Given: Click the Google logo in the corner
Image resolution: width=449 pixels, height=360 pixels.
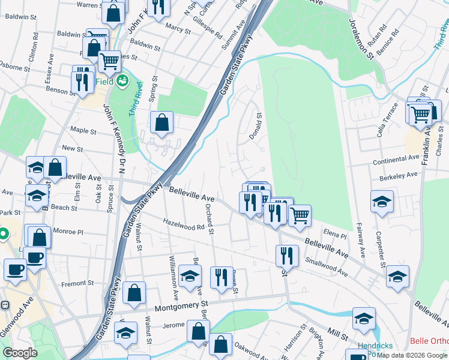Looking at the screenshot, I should pyautogui.click(x=20, y=353).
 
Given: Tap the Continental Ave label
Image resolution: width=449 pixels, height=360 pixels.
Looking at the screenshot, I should pyautogui.click(x=396, y=159).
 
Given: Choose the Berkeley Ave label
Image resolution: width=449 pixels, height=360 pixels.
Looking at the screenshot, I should pyautogui.click(x=395, y=176).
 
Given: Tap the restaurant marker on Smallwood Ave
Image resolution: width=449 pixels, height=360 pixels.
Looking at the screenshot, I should pyautogui.click(x=287, y=256).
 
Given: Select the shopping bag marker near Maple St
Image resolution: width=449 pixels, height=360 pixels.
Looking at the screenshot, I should pyautogui.click(x=161, y=122).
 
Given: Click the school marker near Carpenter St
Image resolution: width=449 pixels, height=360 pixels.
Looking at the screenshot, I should pyautogui.click(x=382, y=202).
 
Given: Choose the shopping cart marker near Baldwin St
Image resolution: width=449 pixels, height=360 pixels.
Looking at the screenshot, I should pyautogui.click(x=109, y=61).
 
